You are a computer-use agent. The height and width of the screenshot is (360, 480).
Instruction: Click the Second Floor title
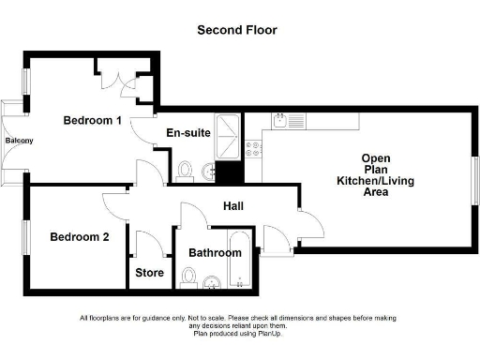[x=236, y=30]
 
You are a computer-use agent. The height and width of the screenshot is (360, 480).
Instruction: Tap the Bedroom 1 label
[x=93, y=120]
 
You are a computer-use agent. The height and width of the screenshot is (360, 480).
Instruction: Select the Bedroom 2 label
[x=80, y=236]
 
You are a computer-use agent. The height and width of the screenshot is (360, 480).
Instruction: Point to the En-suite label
[x=187, y=133]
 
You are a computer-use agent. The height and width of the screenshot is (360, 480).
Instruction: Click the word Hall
[x=235, y=205]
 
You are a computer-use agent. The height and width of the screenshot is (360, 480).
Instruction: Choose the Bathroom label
[x=216, y=252]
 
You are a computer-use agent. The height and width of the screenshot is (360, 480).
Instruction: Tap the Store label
[x=150, y=274]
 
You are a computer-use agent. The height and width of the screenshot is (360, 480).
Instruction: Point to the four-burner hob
[x=253, y=146]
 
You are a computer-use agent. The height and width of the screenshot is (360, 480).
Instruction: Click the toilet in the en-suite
[x=185, y=170]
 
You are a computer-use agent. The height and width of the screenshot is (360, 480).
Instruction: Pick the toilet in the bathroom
[x=188, y=276]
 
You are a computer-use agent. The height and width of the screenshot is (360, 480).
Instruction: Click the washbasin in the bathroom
[x=212, y=281]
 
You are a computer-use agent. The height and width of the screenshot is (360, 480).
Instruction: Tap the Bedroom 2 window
[x=26, y=236]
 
